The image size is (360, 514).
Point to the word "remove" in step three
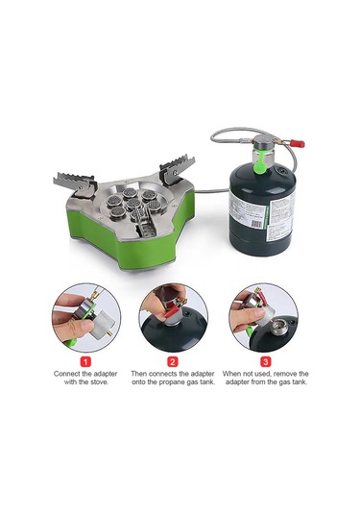[281, 374]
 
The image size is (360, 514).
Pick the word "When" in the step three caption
[234, 374]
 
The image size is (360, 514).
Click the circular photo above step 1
[84, 315]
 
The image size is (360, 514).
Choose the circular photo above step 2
[174, 315]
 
